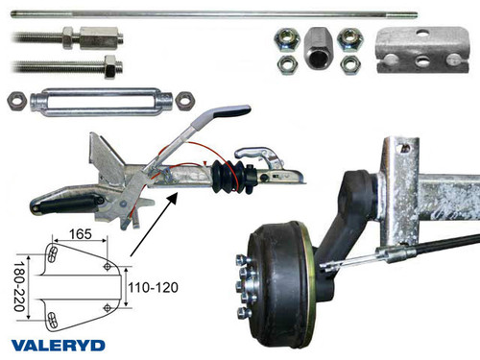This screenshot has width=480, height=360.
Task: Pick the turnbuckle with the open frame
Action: tap(101, 99)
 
